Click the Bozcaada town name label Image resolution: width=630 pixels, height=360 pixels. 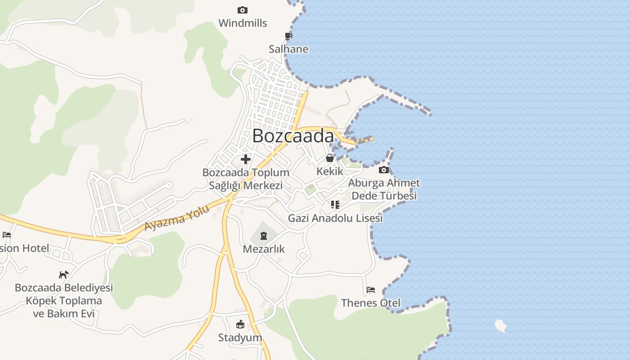[x=293, y=136]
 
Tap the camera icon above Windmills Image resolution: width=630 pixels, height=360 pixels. [x=242, y=10]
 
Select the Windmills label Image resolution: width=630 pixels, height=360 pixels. [x=243, y=23]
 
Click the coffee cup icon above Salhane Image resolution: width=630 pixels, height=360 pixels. [x=288, y=36]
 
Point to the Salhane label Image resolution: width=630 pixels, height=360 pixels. [x=288, y=49]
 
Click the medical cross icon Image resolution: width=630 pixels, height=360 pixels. [x=246, y=159]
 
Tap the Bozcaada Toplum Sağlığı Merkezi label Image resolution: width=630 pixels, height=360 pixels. [x=246, y=179]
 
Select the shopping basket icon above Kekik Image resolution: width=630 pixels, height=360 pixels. [x=330, y=158]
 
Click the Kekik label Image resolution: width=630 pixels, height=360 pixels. [x=330, y=171]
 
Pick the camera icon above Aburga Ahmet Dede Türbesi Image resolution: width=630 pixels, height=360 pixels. [x=384, y=170]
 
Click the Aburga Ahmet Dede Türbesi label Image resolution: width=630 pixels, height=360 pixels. [x=384, y=189]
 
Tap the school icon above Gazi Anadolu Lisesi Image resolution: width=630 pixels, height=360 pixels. [x=335, y=205]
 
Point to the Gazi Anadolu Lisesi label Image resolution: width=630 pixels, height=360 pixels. [x=335, y=218]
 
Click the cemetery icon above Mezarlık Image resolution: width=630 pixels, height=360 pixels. [x=264, y=235]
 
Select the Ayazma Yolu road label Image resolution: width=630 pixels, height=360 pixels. [x=177, y=218]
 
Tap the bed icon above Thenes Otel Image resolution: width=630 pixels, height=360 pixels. [x=371, y=289]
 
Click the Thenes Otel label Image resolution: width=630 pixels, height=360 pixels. [x=371, y=303]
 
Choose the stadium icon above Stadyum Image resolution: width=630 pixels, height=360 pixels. [x=240, y=324]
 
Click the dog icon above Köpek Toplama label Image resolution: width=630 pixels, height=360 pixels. [x=64, y=274]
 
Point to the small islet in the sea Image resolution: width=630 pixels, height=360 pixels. [x=500, y=325]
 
